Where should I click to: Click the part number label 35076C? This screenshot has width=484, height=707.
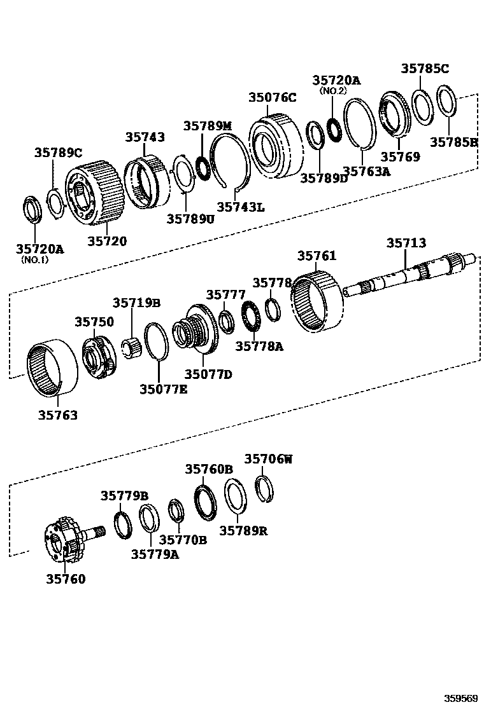coord(272,97)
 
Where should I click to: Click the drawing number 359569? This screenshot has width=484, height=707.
coord(460,698)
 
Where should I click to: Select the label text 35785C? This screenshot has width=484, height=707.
coord(425,69)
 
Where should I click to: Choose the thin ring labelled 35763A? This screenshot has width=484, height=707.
coord(362,124)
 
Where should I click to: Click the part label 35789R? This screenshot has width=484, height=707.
coord(243,530)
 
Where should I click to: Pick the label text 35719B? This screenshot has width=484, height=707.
coord(136,303)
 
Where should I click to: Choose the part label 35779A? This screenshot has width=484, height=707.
coord(155,554)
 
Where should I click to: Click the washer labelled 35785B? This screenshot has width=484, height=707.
coord(448,102)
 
